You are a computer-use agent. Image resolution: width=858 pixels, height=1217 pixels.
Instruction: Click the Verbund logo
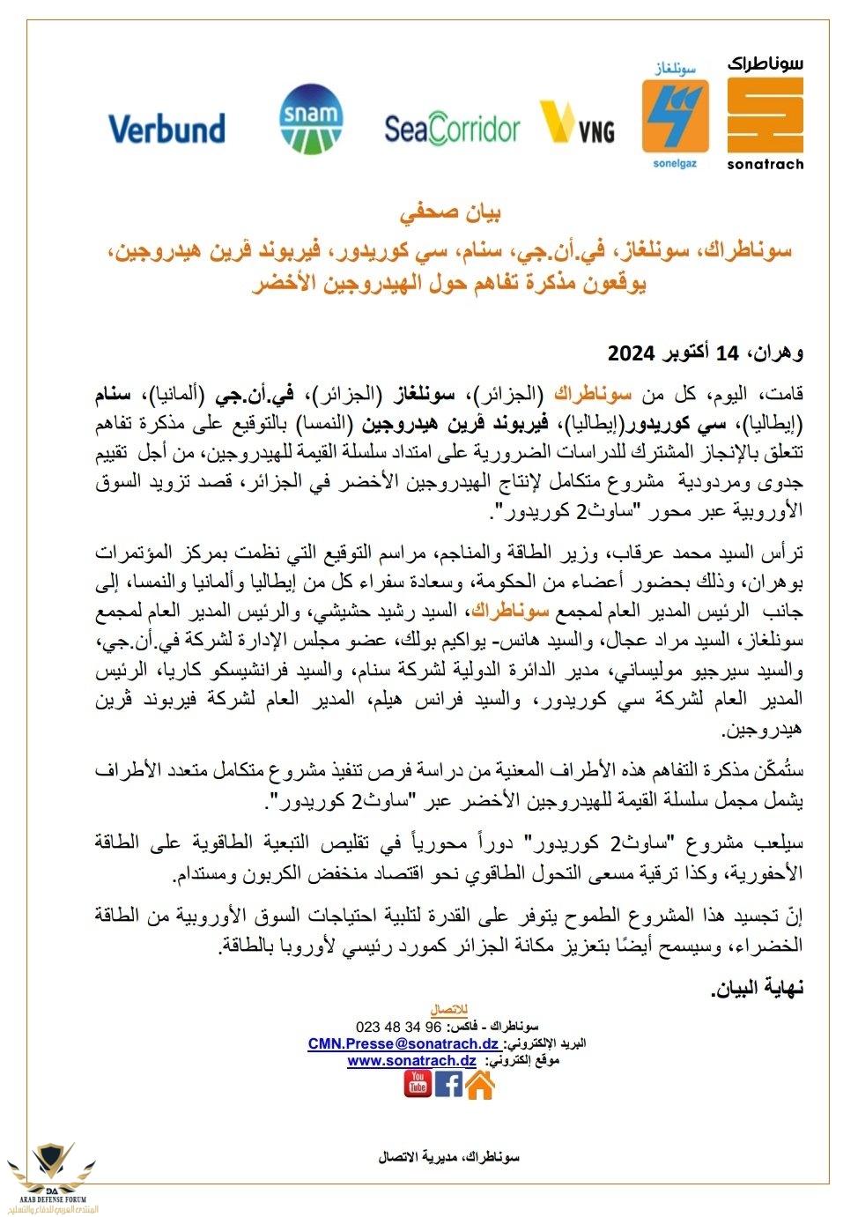(166, 129)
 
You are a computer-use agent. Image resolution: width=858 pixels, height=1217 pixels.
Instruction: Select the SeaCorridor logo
(452, 130)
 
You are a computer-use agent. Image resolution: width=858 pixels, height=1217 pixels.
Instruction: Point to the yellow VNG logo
(577, 123)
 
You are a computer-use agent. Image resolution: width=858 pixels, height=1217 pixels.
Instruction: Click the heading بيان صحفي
(450, 213)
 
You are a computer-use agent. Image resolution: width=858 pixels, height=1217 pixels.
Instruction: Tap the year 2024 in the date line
(631, 353)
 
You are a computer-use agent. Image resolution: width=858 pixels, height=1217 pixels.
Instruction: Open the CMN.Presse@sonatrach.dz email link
(403, 1043)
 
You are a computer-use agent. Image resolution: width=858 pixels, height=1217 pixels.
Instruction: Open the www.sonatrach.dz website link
(411, 1061)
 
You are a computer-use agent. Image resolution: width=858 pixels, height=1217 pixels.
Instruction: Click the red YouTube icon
(418, 1083)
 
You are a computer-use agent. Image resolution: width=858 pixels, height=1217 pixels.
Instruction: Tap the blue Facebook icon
(448, 1083)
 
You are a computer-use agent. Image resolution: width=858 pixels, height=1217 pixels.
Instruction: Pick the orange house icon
(479, 1085)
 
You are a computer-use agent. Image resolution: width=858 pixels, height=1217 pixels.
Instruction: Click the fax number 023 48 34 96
(398, 1027)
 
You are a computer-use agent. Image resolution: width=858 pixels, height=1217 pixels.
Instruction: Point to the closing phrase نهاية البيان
(757, 988)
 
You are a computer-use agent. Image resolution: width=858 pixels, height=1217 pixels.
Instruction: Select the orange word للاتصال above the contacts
(448, 1010)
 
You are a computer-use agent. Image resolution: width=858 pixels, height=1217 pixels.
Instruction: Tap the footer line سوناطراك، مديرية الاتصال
(448, 1157)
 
